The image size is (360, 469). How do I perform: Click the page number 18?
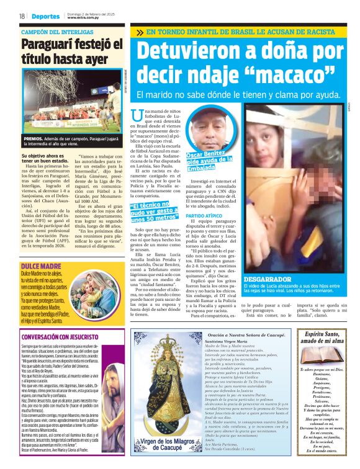[22, 16]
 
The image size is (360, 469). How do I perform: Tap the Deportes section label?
[47, 16]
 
